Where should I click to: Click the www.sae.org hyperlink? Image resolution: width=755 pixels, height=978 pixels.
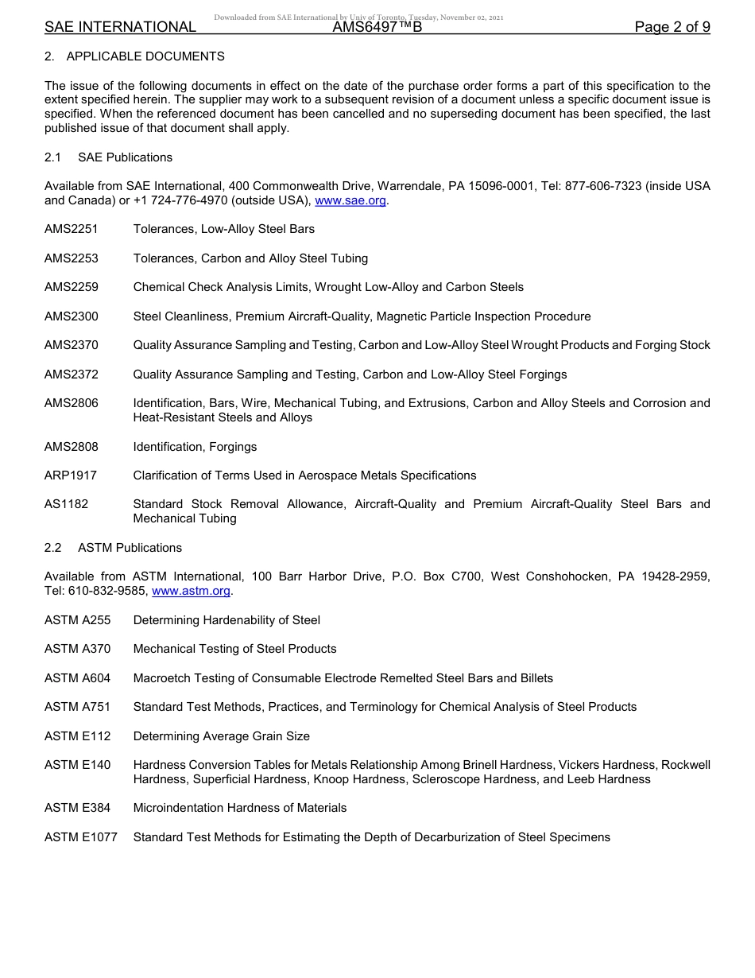tap(350, 200)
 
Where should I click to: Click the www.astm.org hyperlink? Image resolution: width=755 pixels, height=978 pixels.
tap(191, 591)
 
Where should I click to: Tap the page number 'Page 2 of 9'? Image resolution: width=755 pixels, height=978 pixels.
tap(672, 27)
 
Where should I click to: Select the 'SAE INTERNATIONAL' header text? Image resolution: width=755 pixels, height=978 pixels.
tap(120, 27)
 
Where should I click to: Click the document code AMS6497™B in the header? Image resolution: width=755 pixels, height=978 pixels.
tap(377, 27)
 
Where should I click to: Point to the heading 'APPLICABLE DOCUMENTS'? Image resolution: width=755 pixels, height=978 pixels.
tap(145, 56)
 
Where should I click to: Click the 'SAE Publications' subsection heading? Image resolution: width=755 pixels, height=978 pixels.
tap(125, 157)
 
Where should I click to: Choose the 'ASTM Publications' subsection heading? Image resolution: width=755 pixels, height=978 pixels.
tap(130, 548)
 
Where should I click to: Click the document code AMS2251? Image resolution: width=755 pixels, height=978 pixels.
tap(72, 229)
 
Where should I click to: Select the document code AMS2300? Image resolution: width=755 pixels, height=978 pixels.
tap(72, 316)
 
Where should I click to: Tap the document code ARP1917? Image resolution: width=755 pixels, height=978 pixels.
tap(71, 475)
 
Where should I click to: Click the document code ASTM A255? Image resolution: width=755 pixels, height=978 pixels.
tap(78, 620)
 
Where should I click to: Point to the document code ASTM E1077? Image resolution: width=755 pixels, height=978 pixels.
tap(81, 836)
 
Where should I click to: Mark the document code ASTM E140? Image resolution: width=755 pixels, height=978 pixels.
tap(78, 765)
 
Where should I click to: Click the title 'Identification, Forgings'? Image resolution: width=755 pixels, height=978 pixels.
tap(195, 447)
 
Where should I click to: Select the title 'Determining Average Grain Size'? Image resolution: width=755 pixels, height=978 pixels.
tap(221, 736)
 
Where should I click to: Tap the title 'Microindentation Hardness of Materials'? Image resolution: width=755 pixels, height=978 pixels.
tap(240, 808)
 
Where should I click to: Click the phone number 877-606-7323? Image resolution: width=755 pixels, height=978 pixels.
tap(602, 186)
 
